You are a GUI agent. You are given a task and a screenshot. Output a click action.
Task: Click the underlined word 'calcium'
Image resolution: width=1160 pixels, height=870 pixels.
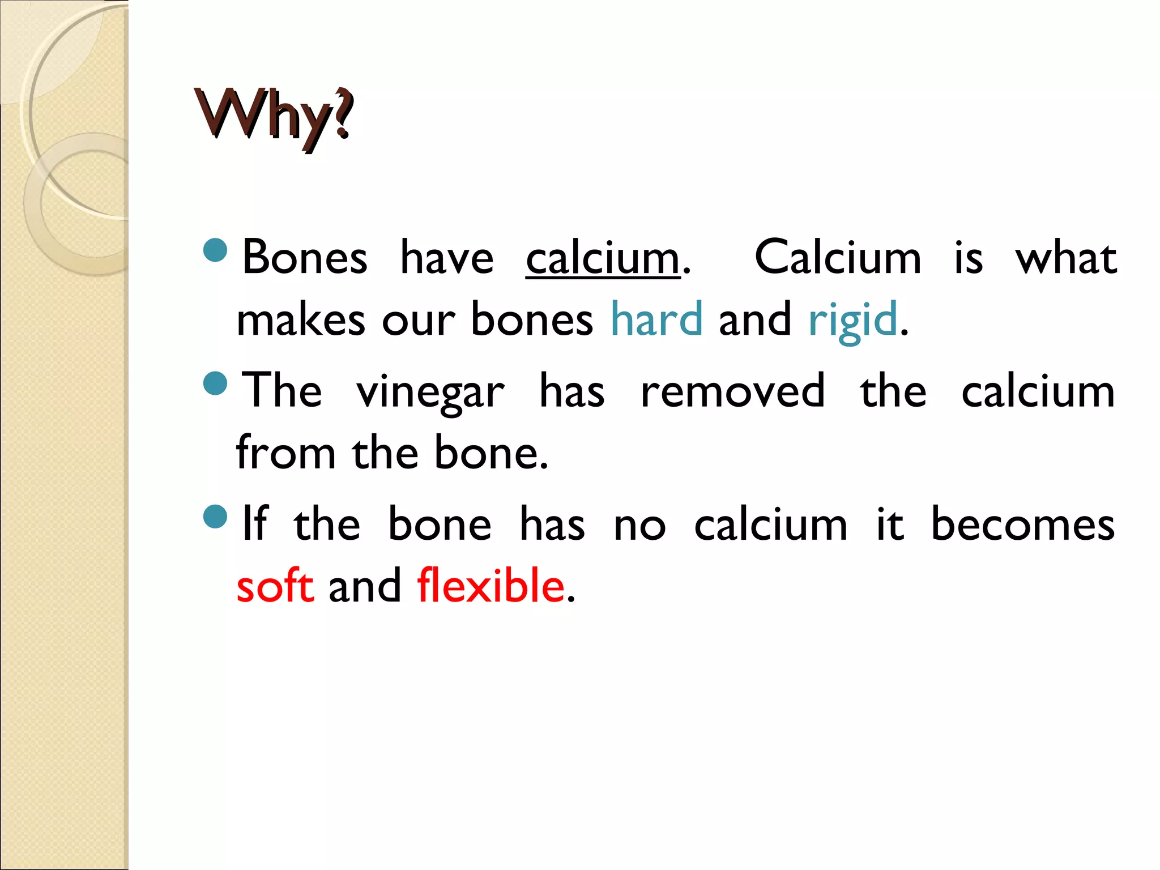coord(602,258)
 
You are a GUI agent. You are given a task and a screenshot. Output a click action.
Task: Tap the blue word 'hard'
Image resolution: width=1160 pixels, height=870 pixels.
coord(656,319)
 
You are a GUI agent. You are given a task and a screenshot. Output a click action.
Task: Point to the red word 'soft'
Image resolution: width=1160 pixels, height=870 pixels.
coord(275,585)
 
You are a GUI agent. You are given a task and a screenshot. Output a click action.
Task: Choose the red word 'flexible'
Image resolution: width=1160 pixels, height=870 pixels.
coord(491,585)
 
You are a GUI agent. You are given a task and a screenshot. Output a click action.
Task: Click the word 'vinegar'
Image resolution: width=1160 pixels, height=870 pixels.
coord(430,393)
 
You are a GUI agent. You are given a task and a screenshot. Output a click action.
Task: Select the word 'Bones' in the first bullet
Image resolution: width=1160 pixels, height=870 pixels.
coord(305,258)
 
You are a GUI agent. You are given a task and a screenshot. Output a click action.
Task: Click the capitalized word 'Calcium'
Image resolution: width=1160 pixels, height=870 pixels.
coord(838,258)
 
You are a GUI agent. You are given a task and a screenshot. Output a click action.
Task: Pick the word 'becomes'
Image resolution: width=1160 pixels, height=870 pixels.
coord(1022,524)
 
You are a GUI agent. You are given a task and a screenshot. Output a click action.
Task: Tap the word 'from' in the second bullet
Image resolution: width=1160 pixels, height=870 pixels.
coord(286,453)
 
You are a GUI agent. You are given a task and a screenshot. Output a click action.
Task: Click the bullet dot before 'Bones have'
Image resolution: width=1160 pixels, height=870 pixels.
coord(215,250)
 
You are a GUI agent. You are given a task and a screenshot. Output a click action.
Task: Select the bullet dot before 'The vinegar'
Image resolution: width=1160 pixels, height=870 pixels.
coord(215,383)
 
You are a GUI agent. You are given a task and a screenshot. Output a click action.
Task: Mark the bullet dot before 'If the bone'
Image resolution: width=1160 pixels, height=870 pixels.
coord(215,517)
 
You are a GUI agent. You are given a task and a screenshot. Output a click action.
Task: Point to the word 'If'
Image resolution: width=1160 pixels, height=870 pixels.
coord(254,524)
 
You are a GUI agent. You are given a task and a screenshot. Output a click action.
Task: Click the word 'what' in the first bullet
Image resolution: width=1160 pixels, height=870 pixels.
coord(1065,258)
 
